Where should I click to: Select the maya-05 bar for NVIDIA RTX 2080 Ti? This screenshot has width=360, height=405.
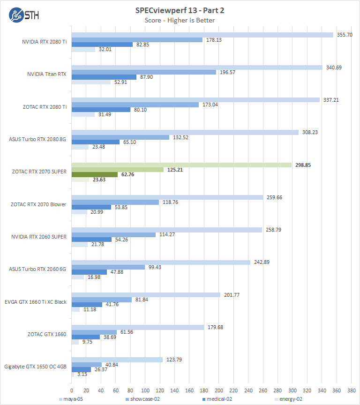pos(202,35)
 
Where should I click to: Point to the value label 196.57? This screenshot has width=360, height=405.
pos(226,72)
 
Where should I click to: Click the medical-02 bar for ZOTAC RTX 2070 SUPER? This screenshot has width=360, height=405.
pos(95,174)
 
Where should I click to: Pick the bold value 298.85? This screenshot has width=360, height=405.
pos(303,165)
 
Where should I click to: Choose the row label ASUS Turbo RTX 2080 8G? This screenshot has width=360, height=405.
pos(38,139)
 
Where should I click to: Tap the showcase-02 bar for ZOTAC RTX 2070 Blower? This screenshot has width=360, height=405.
pos(115,202)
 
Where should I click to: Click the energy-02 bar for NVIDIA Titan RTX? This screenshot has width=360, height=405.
pos(91,82)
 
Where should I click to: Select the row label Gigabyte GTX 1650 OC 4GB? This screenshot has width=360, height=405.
pos(35,367)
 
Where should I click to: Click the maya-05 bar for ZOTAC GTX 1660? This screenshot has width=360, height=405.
pos(138,327)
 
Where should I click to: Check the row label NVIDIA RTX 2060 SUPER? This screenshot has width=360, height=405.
pos(39,237)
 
